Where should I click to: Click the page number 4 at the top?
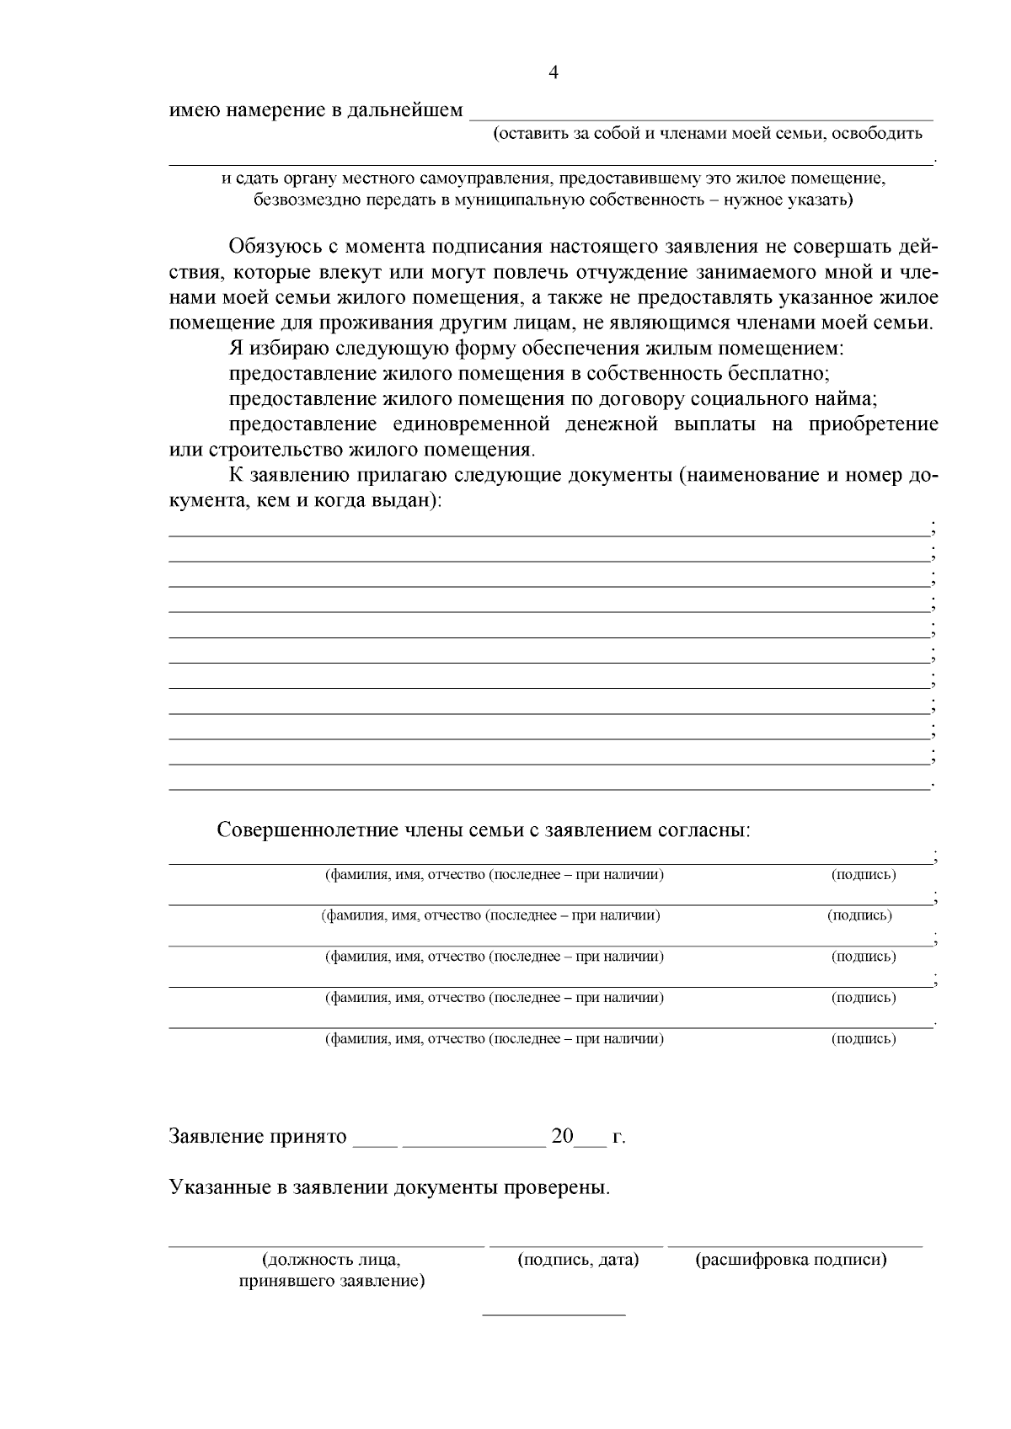pos(554,72)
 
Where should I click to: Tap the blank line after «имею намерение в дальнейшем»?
pos(700,119)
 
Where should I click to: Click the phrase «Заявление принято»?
pos(259,1137)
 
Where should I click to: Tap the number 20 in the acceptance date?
pos(562,1137)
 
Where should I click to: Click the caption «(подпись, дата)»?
pos(577,1261)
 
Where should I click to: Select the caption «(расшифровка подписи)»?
pos(791,1261)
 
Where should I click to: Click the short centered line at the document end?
pos(554,1314)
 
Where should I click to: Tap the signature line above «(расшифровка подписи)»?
pos(794,1244)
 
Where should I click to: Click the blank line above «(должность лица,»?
pos(327,1244)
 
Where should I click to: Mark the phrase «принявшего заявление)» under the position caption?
pos(332,1282)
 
